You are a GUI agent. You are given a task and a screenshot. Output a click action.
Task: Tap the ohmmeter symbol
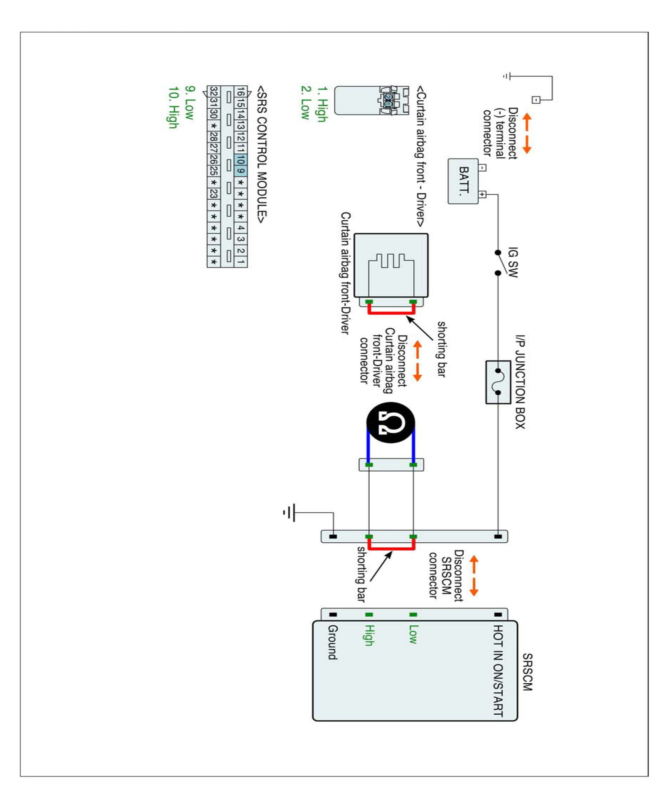(x=391, y=422)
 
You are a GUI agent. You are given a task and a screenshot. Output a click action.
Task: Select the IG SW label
(x=513, y=262)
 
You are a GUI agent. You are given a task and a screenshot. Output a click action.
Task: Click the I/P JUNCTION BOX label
(x=520, y=381)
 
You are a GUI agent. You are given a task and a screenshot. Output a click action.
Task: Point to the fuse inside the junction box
(x=498, y=382)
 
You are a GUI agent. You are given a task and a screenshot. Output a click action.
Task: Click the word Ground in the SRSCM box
(x=333, y=642)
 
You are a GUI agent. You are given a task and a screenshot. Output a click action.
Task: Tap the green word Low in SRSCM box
(x=412, y=634)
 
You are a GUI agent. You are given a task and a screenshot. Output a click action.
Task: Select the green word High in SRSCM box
(x=369, y=635)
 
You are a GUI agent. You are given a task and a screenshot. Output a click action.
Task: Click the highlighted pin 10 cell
(x=241, y=159)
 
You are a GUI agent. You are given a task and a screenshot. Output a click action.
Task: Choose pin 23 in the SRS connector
(x=214, y=194)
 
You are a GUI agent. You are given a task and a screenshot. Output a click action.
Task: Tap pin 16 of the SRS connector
(x=241, y=92)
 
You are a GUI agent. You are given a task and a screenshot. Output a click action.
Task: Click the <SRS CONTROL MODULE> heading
(x=262, y=154)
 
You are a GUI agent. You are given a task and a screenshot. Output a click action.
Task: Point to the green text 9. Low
(x=190, y=102)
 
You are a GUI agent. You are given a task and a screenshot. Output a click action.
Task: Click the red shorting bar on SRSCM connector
(x=391, y=548)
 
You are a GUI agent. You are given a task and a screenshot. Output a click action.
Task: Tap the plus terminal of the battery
(x=483, y=194)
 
